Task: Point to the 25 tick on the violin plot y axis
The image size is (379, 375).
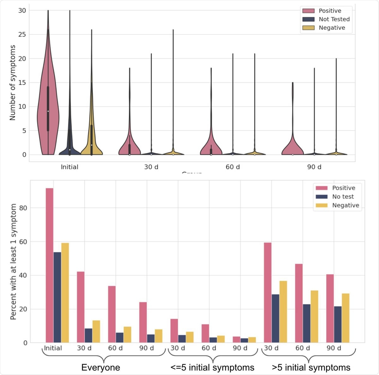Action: [x=22, y=34]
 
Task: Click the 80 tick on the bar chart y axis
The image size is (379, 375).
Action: [x=23, y=208]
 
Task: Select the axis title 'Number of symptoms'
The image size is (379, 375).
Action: [x=13, y=83]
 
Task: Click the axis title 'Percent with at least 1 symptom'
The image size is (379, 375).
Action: [x=13, y=261]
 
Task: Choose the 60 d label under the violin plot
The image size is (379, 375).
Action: [x=232, y=167]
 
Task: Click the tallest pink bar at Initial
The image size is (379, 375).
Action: [x=50, y=265]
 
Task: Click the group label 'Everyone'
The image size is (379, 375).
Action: [x=100, y=367]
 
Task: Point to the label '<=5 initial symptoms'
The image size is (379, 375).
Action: [x=212, y=367]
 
